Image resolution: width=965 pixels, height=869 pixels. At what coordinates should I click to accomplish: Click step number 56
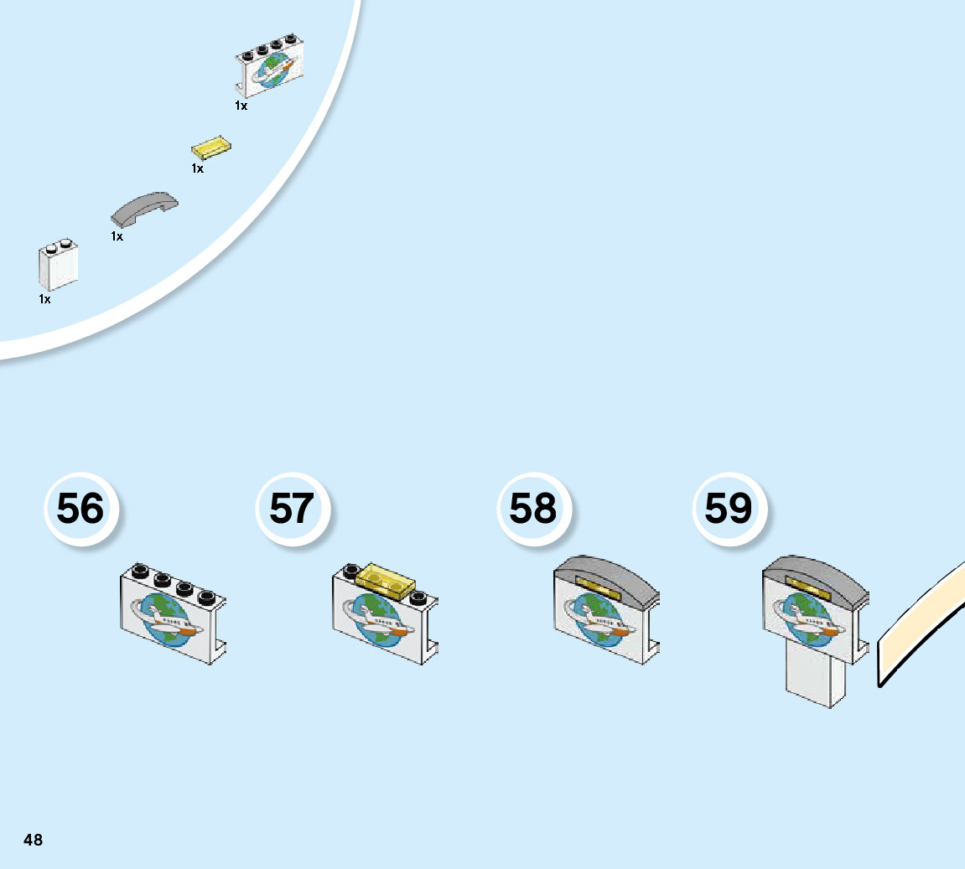(x=80, y=509)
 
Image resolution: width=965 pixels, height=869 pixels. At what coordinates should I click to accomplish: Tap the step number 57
(x=292, y=509)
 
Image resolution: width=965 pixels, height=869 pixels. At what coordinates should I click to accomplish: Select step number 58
(x=533, y=509)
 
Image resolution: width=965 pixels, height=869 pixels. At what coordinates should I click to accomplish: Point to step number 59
(x=729, y=509)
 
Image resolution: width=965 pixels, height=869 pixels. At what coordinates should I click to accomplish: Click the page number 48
(x=33, y=840)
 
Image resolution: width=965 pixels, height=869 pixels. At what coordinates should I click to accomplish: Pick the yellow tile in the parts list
(x=211, y=148)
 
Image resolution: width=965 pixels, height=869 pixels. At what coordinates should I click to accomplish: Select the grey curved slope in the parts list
(x=145, y=208)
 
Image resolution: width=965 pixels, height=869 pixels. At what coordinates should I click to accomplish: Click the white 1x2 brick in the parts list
(x=59, y=265)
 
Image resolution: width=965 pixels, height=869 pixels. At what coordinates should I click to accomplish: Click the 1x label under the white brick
(x=44, y=299)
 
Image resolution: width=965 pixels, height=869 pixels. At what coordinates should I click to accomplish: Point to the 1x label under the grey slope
(x=117, y=237)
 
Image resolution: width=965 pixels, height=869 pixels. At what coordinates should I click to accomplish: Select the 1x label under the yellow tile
(x=198, y=168)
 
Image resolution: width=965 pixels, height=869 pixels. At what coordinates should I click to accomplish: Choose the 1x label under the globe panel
(x=241, y=106)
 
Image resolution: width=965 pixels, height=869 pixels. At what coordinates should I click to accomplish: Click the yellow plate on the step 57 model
(x=387, y=580)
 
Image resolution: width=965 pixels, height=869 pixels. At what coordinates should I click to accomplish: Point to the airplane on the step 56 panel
(x=170, y=621)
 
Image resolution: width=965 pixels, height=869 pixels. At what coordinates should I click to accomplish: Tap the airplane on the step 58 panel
(x=600, y=621)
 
